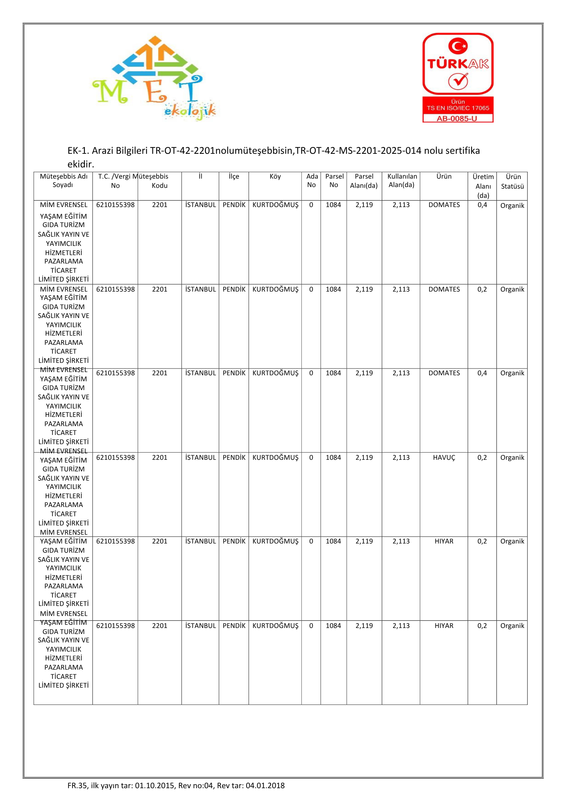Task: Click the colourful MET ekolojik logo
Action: (x=154, y=78)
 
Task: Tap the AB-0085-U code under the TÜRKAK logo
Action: (x=457, y=119)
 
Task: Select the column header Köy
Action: (x=275, y=177)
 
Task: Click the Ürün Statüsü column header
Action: (x=512, y=181)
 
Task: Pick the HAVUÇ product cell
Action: (x=444, y=457)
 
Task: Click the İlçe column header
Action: (x=234, y=177)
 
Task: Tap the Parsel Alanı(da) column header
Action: (x=364, y=181)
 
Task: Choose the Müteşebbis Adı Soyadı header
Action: (x=63, y=181)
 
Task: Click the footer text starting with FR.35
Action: (x=176, y=785)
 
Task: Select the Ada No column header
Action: (x=311, y=181)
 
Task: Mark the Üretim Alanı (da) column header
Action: (x=483, y=186)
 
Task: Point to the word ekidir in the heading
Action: (x=80, y=164)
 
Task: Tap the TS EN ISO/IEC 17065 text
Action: (x=458, y=108)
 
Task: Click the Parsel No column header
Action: (x=334, y=181)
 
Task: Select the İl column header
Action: (x=200, y=177)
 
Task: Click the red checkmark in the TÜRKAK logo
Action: (x=458, y=81)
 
